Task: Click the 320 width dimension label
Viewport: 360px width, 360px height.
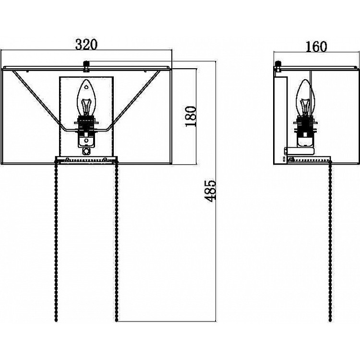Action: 86,45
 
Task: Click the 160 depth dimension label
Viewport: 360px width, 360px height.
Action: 316,47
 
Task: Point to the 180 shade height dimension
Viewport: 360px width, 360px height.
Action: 191,116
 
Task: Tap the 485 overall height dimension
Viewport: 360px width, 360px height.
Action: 210,191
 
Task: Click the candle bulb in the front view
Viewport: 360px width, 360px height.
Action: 86,98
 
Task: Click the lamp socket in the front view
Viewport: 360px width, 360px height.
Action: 86,132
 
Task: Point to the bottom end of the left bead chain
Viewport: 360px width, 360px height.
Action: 56,320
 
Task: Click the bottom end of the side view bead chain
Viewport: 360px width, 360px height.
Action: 330,320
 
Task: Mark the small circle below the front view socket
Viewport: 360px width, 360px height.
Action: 86,151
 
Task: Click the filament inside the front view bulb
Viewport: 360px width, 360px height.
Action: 86,107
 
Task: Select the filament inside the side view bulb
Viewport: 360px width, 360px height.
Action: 305,107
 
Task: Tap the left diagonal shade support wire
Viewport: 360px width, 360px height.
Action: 39,101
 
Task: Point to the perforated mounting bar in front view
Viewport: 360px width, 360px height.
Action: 86,159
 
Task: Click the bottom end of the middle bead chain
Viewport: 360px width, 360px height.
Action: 117,320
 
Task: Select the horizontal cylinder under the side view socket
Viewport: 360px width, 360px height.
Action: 300,151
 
